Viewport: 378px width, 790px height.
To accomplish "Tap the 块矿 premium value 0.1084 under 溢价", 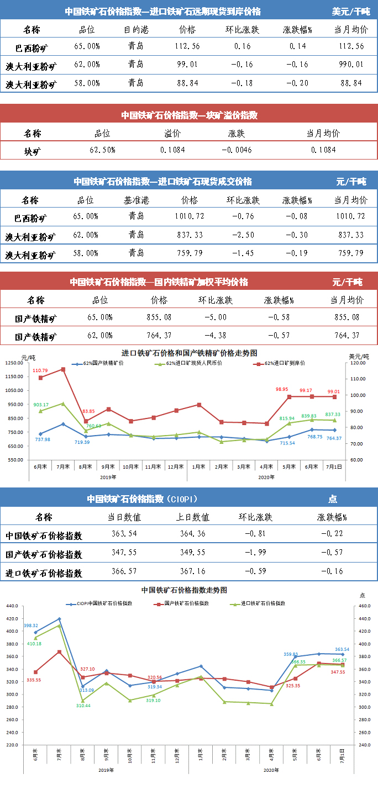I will coord(172,150).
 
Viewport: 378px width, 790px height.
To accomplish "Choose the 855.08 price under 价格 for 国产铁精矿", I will coord(159,317).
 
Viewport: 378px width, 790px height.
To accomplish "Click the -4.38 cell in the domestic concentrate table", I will coord(215,336).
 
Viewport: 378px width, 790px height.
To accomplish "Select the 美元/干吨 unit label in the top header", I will coord(350,11).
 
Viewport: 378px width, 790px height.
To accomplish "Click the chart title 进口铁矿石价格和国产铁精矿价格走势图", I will coord(189,353).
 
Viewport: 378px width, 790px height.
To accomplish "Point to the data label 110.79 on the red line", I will coord(40,371).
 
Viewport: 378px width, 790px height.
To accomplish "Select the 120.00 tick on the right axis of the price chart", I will coord(359,363).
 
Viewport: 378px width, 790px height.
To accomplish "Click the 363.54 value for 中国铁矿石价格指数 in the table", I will coord(124,534).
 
